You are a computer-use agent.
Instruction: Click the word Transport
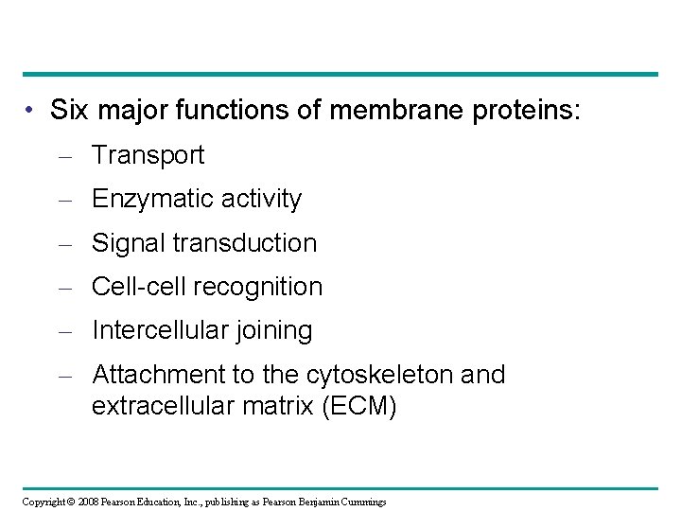(148, 155)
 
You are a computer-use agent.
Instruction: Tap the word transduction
(244, 243)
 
